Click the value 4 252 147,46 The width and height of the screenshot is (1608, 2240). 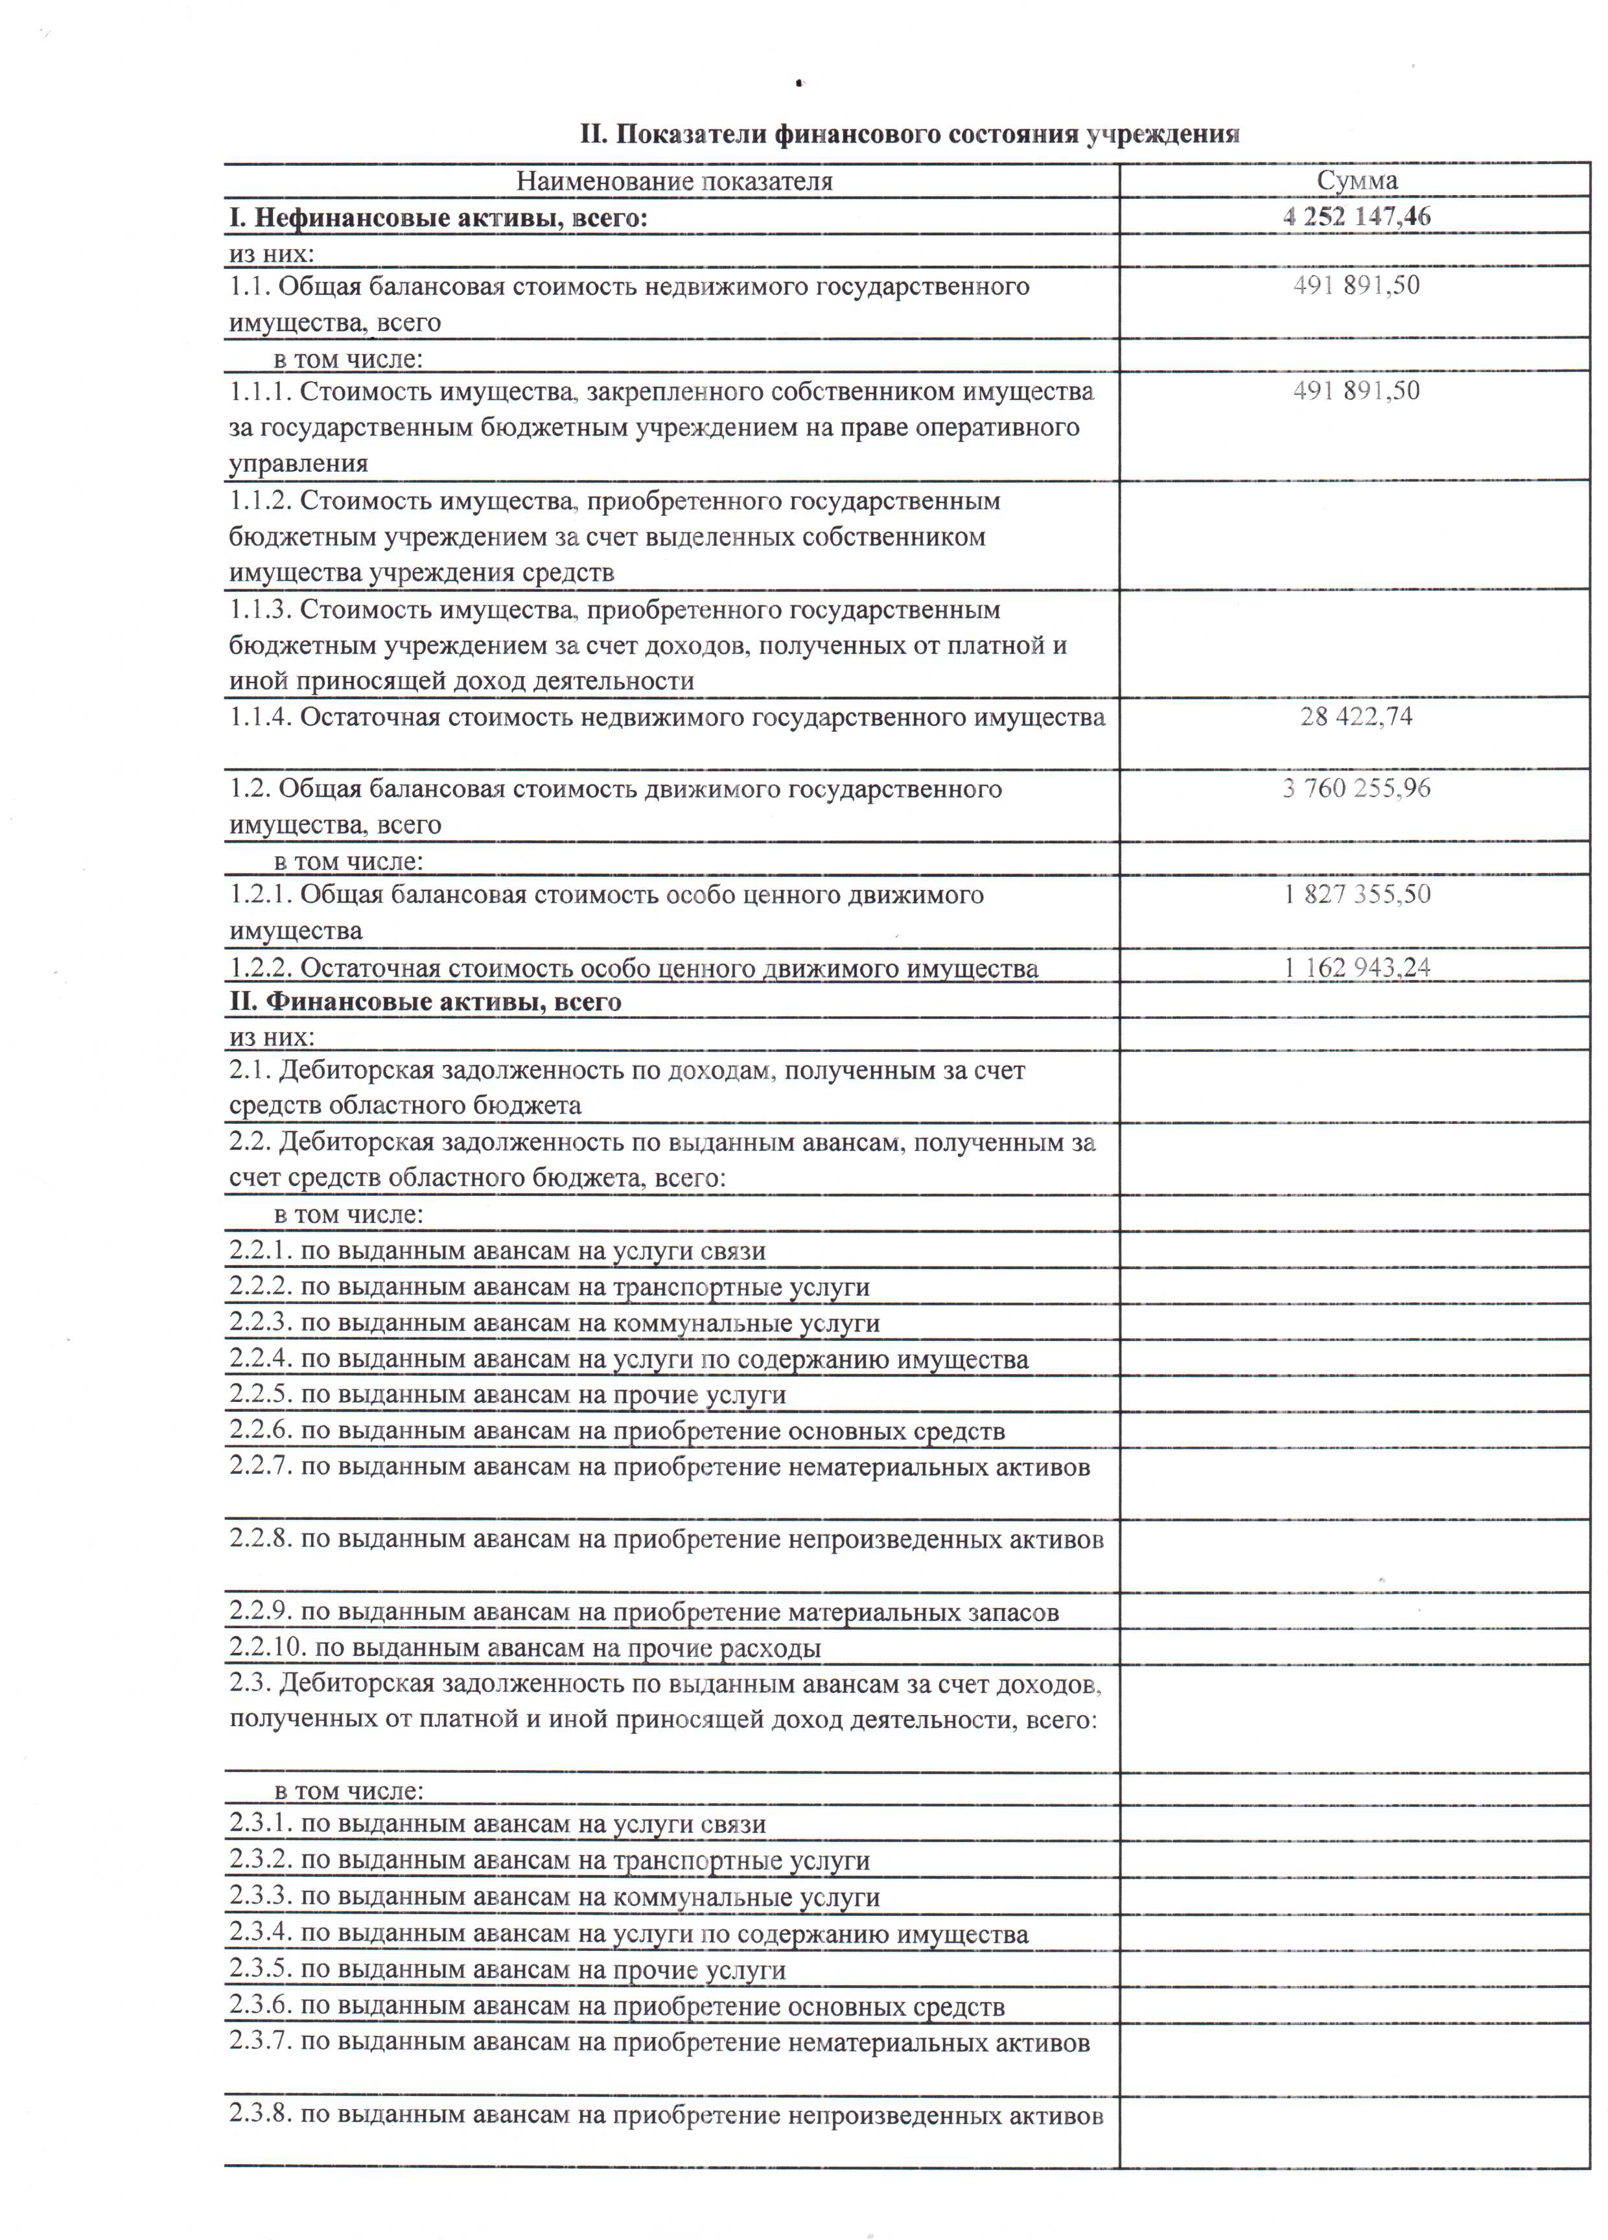pos(1356,216)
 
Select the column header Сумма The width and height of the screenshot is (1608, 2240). pos(1356,181)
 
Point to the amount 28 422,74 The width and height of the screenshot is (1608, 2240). pos(1356,716)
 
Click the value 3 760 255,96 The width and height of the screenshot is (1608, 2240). pos(1356,788)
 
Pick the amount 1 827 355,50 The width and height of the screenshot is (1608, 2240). pos(1356,895)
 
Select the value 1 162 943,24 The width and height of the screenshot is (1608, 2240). pos(1356,967)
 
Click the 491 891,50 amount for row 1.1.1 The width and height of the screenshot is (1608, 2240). pos(1356,391)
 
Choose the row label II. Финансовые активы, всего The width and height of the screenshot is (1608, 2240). pos(425,1003)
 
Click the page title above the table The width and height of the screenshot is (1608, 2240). pos(909,134)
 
